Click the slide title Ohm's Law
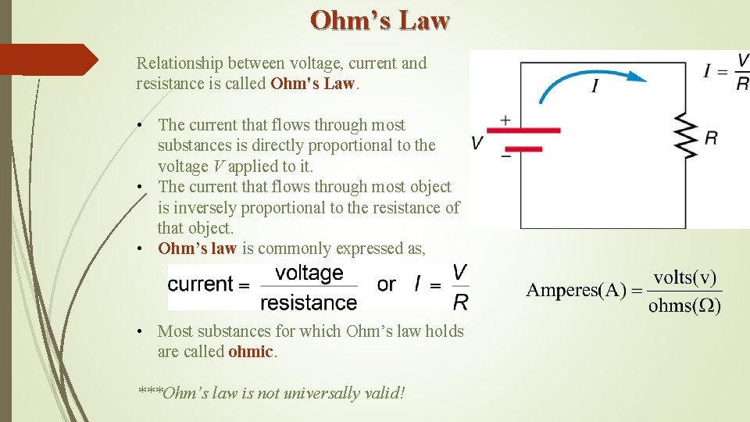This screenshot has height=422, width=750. pos(380,20)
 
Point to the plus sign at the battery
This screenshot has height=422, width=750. pos(505,120)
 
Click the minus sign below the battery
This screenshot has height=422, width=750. pos(505,156)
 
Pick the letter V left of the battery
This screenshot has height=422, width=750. pos(477,142)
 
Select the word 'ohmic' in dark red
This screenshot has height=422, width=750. pos(250,352)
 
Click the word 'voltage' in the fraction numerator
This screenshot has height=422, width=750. pos(309,274)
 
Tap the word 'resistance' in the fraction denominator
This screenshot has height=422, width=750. pos(309,302)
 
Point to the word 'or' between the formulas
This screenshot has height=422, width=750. pos(387,284)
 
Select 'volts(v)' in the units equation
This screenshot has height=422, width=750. pos(684,277)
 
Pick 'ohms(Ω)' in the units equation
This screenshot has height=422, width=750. pos(684,305)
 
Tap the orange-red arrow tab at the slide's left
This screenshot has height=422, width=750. pos(47,59)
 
